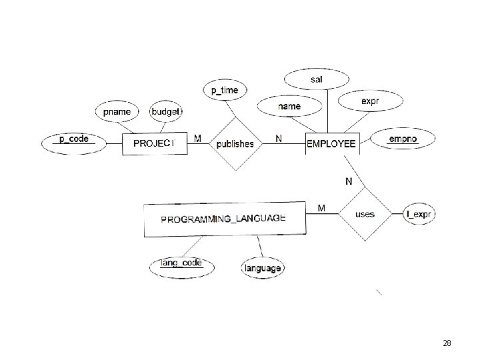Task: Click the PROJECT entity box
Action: (155, 143)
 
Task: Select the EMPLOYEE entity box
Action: (331, 143)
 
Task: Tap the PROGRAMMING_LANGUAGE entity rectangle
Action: (224, 219)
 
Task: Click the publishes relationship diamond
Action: (235, 143)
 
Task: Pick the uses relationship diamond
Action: (365, 214)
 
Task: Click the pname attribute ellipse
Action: (117, 111)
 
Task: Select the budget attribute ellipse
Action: (165, 111)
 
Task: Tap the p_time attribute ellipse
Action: (225, 90)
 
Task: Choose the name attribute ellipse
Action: (289, 106)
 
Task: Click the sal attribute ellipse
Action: (316, 80)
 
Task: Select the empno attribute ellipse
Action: (403, 139)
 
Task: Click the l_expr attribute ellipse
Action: (420, 214)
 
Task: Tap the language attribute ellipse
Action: (263, 268)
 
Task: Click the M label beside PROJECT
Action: (197, 139)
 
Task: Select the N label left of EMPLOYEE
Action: (279, 139)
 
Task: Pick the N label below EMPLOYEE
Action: (349, 181)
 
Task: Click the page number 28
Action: (447, 343)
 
